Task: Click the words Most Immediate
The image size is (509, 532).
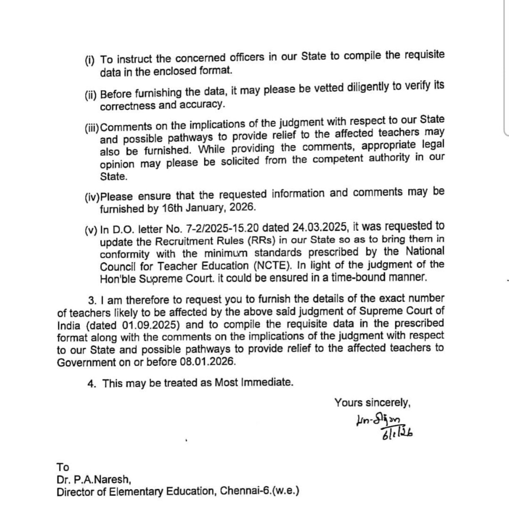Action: coord(253,382)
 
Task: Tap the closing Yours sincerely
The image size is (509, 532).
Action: coord(372,402)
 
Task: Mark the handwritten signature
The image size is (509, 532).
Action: coord(378,421)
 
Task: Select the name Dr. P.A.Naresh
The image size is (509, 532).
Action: coord(94,479)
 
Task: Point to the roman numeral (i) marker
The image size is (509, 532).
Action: coord(90,60)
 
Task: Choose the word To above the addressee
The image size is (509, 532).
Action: coord(63,467)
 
